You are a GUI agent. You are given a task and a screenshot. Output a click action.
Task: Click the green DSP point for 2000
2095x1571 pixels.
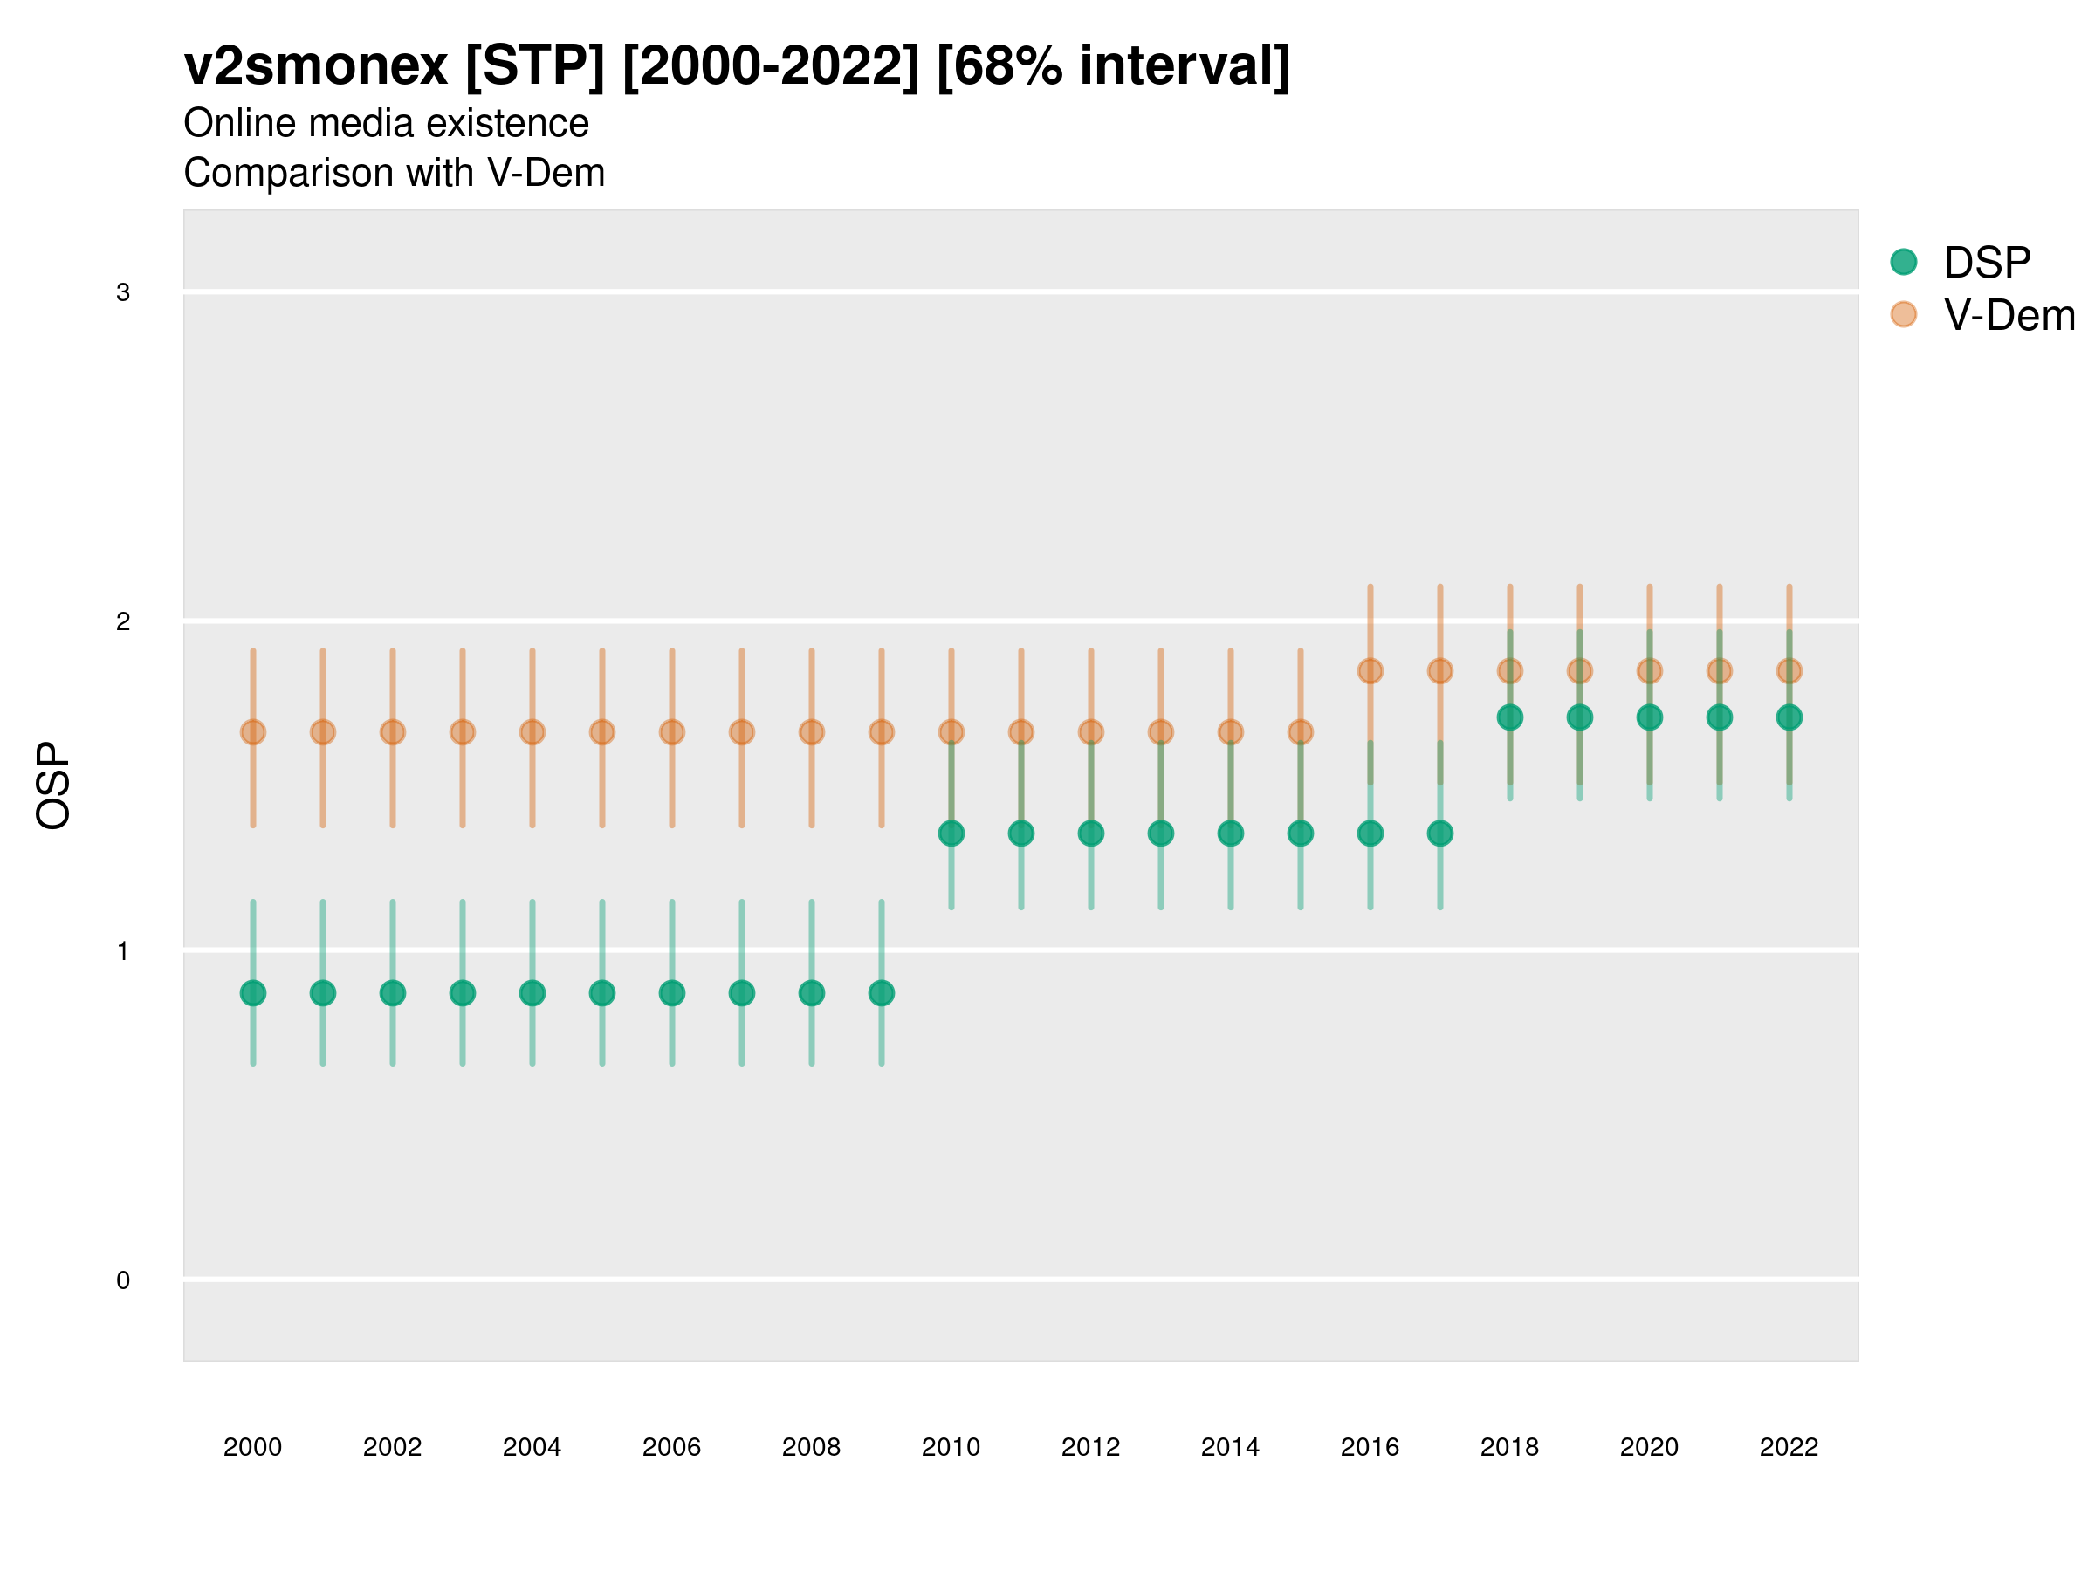click(253, 993)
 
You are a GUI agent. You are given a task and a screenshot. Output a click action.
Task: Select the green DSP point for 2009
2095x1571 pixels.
click(882, 993)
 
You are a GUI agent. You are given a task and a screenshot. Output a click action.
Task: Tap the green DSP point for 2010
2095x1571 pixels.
click(951, 834)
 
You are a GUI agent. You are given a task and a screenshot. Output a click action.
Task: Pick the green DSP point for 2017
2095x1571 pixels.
click(1439, 834)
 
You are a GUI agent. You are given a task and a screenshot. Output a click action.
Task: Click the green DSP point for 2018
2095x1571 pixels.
click(1509, 717)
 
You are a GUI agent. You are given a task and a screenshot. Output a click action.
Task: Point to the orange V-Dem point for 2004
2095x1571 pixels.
click(532, 732)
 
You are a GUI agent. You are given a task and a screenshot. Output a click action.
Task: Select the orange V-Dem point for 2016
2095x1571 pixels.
click(1370, 671)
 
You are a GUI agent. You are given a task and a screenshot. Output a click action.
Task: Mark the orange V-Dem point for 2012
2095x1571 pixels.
click(1091, 732)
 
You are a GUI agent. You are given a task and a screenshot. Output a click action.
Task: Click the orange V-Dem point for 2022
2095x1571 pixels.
click(1789, 671)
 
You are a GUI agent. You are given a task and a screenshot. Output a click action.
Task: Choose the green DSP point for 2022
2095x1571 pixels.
click(1789, 717)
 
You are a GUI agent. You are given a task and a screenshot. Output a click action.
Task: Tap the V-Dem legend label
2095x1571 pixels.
click(2009, 315)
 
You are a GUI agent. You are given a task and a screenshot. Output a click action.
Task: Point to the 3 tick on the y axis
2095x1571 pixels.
click(123, 292)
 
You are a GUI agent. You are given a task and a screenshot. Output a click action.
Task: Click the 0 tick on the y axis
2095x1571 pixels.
click(123, 1280)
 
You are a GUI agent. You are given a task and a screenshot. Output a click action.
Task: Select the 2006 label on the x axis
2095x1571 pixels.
click(671, 1447)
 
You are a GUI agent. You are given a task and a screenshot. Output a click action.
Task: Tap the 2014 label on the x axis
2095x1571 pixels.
click(1230, 1447)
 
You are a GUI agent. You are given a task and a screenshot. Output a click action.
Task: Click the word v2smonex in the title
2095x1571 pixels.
click(315, 66)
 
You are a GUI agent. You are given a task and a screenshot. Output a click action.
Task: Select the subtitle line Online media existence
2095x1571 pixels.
click(387, 123)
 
